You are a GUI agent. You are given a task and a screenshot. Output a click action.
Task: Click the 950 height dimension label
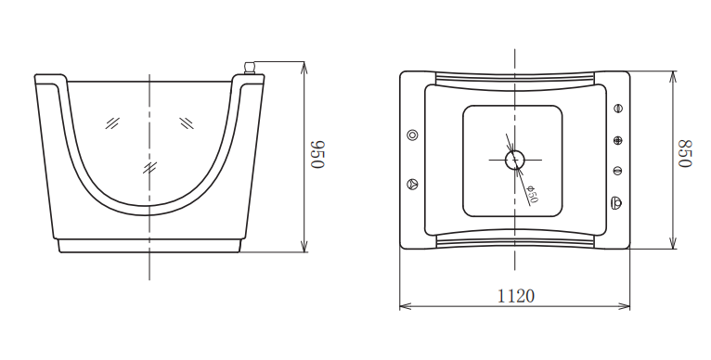(x=317, y=155)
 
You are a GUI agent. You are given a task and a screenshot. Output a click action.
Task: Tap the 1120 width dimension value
(x=516, y=296)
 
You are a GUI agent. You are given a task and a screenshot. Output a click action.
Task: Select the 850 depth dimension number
(x=685, y=153)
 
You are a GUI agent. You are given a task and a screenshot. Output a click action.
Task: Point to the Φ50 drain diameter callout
(x=533, y=195)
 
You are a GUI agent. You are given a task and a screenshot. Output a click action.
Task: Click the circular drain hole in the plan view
(x=514, y=160)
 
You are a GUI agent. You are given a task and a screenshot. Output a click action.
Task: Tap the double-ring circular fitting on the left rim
(x=412, y=135)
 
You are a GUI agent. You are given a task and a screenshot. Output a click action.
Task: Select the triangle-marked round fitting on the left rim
(x=412, y=184)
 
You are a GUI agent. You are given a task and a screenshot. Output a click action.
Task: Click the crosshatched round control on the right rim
(x=617, y=140)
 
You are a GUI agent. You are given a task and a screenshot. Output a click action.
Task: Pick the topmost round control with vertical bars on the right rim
(x=617, y=109)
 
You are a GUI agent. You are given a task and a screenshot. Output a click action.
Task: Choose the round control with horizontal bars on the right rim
(x=617, y=171)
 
